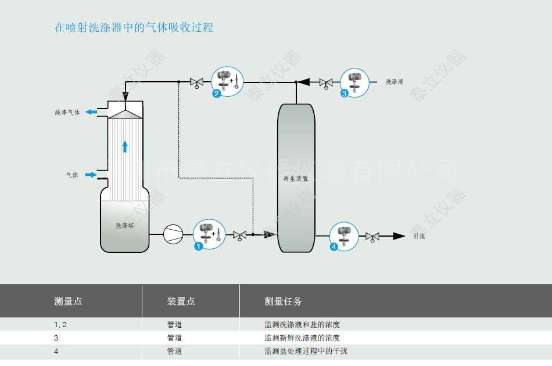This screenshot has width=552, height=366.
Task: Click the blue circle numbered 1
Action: click(198, 247)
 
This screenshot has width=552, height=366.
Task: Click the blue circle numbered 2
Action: click(217, 93)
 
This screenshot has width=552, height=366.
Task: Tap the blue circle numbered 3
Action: click(345, 93)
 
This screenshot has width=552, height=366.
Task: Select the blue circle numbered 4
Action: click(334, 247)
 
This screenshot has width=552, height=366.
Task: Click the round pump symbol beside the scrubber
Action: click(173, 234)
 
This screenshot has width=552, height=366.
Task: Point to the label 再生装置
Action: click(296, 179)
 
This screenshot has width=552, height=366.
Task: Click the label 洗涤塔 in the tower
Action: click(124, 225)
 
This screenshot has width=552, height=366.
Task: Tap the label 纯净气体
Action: click(67, 112)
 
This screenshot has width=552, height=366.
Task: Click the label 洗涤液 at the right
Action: click(395, 82)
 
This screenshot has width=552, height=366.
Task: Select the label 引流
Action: click(419, 236)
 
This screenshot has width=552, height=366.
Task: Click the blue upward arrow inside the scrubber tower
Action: click(125, 146)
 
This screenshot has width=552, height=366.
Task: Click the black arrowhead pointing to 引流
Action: click(399, 236)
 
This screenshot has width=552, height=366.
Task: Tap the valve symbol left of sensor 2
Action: click(196, 83)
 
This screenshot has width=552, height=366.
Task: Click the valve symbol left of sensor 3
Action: click(326, 83)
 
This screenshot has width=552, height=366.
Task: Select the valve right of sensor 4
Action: click(372, 237)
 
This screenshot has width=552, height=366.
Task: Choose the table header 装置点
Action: click(181, 301)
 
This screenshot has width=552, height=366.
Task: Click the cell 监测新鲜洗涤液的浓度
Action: click(302, 338)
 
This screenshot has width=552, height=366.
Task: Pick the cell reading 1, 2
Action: click(61, 325)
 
